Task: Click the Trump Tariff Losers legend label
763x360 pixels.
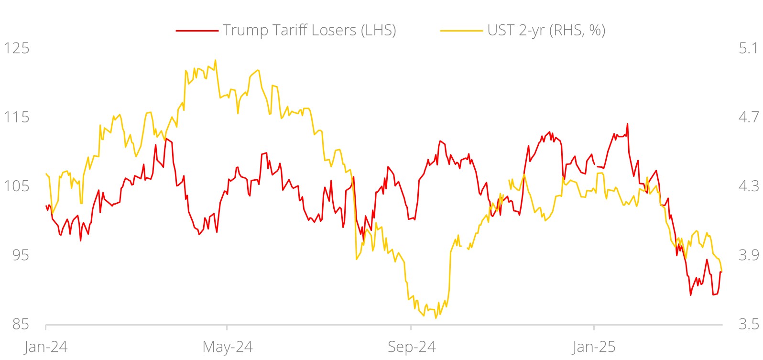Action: [x=309, y=30]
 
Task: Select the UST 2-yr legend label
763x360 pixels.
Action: [x=546, y=30]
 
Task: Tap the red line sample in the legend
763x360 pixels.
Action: [x=197, y=31]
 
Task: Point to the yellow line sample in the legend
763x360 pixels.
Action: [x=461, y=31]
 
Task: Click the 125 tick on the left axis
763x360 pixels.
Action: [x=16, y=48]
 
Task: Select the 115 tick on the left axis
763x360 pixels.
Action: [x=16, y=117]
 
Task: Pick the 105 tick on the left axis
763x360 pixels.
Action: [x=16, y=186]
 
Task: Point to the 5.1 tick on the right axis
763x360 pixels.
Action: [x=748, y=48]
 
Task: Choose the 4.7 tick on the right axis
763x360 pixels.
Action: [x=748, y=117]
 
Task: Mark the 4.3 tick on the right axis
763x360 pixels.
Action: [x=748, y=186]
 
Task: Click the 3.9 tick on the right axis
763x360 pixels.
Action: [x=748, y=255]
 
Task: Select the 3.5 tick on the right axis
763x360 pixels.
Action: [x=748, y=325]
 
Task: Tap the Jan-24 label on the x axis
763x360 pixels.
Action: [x=45, y=347]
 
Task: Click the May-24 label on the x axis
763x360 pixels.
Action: [x=227, y=347]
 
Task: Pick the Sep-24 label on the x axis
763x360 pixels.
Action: [x=411, y=347]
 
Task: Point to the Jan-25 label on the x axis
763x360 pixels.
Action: [x=594, y=347]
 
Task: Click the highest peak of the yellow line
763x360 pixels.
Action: [x=215, y=60]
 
